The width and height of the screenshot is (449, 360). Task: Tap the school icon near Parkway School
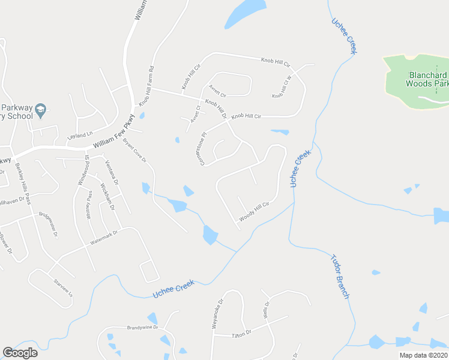coord(40,109)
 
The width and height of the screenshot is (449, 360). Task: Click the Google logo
coord(20,353)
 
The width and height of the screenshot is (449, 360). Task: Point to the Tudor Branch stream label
coord(340,277)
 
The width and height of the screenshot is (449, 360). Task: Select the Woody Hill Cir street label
coord(255,212)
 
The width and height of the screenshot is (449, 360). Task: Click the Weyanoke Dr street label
coord(217,314)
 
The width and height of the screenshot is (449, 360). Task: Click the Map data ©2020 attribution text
coord(423,355)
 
